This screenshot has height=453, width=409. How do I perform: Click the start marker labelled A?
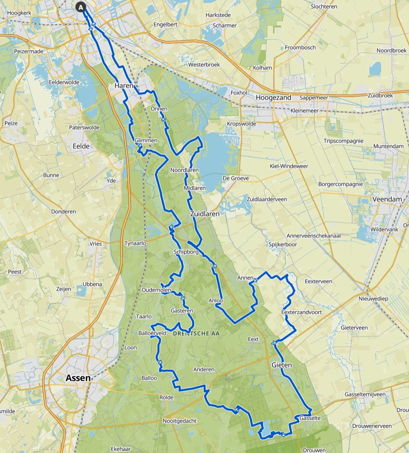(x=81, y=7)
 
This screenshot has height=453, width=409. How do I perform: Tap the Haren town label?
(x=124, y=86)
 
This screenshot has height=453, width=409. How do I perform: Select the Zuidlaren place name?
(x=205, y=214)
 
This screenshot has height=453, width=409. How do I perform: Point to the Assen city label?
(x=78, y=379)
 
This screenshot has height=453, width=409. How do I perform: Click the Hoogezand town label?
(x=274, y=98)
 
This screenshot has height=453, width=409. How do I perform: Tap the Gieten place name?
(x=282, y=364)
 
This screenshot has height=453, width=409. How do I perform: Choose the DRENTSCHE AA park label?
(x=197, y=334)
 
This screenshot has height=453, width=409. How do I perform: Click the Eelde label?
(x=82, y=146)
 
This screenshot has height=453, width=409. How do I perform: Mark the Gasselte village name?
(x=310, y=418)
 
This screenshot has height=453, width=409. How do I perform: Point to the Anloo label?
(x=215, y=301)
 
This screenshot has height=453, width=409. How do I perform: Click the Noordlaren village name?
(x=184, y=170)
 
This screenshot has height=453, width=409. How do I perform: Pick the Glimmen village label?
(x=146, y=140)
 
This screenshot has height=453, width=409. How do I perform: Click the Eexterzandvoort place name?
(x=302, y=312)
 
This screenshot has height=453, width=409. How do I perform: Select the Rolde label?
(x=167, y=398)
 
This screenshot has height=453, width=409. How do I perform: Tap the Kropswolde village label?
(x=242, y=124)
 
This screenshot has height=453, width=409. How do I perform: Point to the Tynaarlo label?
(x=135, y=244)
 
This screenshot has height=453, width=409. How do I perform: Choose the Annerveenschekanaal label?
(x=314, y=236)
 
